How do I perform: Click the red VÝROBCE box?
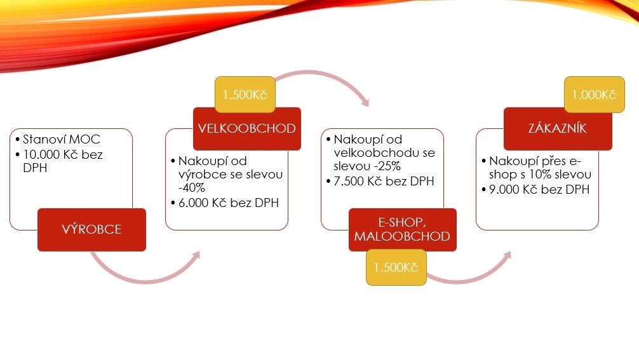click(91, 230)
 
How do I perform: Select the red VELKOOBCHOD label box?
click(247, 129)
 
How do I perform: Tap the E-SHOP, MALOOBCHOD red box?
click(403, 230)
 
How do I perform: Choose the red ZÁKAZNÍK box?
click(558, 129)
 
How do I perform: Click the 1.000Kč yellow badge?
click(594, 95)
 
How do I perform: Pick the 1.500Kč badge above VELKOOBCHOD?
click(245, 95)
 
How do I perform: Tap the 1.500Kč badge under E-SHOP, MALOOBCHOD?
click(396, 267)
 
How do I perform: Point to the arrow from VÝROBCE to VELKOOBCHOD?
click(145, 281)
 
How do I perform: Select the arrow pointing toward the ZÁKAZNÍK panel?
click(469, 280)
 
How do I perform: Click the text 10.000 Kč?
click(51, 155)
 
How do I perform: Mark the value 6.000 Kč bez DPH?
click(229, 203)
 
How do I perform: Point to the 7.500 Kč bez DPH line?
click(384, 181)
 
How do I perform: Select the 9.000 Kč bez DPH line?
click(539, 189)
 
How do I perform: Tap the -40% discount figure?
click(192, 188)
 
